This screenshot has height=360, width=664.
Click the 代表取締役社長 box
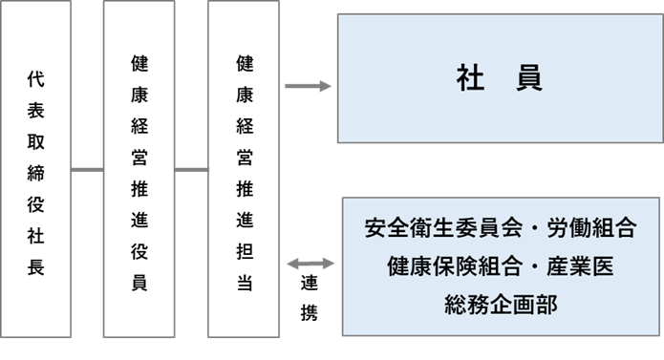pyautogui.click(x=36, y=172)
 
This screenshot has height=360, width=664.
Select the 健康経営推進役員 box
pyautogui.click(x=139, y=172)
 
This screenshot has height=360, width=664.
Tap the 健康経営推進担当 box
pyautogui.click(x=245, y=172)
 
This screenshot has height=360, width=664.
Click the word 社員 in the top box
pyautogui.click(x=500, y=79)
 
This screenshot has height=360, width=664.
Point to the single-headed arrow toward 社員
pyautogui.click(x=308, y=87)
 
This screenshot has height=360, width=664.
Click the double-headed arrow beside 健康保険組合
pyautogui.click(x=308, y=263)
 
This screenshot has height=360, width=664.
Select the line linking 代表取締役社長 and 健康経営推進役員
pyautogui.click(x=88, y=171)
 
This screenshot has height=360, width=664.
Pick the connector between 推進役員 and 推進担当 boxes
pyautogui.click(x=192, y=171)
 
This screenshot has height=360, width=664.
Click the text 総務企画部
pyautogui.click(x=500, y=305)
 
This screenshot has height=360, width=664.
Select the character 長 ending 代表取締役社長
pyautogui.click(x=36, y=268)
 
